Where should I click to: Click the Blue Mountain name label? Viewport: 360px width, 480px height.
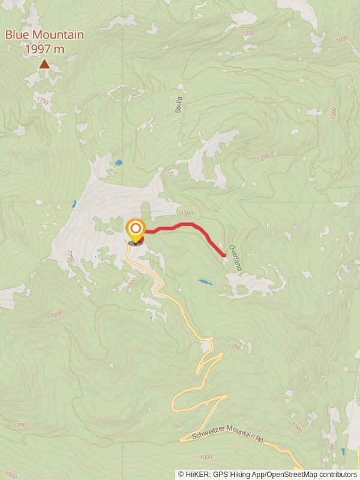click(x=45, y=35)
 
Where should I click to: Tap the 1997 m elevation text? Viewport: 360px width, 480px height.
click(x=45, y=49)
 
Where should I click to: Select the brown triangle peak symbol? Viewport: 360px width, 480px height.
click(x=44, y=63)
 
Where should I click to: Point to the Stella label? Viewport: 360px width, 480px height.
click(x=179, y=106)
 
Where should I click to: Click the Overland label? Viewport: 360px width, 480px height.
click(x=235, y=257)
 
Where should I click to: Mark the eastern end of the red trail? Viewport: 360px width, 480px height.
click(x=224, y=256)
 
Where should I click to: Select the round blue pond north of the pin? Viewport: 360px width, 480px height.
click(x=119, y=163)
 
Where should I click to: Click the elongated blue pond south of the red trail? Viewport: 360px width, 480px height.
click(x=205, y=281)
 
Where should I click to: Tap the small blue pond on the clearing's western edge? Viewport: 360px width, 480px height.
click(x=74, y=203)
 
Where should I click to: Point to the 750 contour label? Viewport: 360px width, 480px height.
click(x=332, y=448)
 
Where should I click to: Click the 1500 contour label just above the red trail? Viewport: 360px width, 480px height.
click(x=187, y=213)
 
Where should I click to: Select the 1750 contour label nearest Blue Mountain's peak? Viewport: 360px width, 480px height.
click(x=42, y=100)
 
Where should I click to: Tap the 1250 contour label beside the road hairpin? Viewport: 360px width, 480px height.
click(x=234, y=347)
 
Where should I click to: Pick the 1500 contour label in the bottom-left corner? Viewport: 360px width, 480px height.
click(x=10, y=474)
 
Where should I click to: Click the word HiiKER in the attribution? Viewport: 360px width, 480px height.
click(x=196, y=474)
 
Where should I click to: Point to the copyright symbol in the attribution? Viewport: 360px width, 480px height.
click(x=181, y=474)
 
